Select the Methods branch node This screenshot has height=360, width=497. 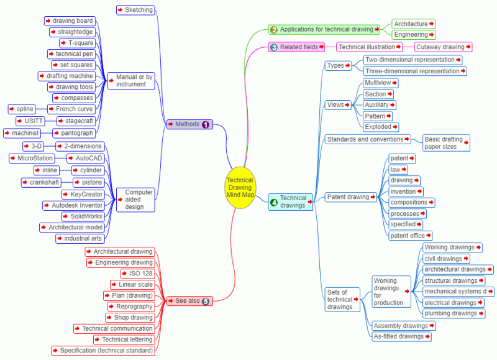tap(188, 124)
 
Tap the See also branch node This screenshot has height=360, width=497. tap(189, 301)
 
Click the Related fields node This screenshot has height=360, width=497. tap(299, 47)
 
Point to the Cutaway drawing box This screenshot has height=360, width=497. tap(443, 47)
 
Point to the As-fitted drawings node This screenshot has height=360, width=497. tap(401, 336)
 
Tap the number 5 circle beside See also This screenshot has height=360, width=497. tap(206, 301)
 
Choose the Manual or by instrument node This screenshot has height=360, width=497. tap(135, 81)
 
